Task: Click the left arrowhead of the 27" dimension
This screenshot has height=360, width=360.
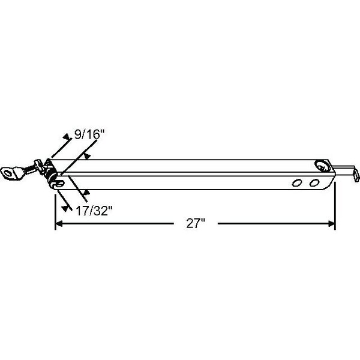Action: [59, 224]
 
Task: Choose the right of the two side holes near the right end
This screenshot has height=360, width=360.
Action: [313, 181]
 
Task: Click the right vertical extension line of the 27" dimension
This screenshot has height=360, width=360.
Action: [335, 207]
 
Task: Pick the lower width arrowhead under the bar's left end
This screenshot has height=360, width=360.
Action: [88, 192]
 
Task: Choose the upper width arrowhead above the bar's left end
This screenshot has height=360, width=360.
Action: [88, 155]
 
